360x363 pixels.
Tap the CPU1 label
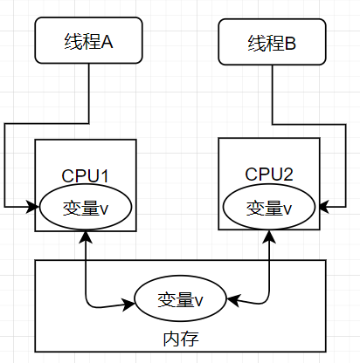tap(85, 175)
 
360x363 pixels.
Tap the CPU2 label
tap(269, 174)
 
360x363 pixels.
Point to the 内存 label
tap(181, 339)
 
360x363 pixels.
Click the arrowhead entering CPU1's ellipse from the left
tap(33, 207)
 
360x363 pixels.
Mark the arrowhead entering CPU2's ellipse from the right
tap(322, 207)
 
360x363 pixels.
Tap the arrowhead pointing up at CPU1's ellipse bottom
tap(86, 236)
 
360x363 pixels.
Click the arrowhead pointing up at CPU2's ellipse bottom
tap(269, 236)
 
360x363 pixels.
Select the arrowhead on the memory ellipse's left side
tap(128, 304)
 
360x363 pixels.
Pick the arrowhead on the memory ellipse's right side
tap(233, 300)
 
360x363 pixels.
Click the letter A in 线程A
tap(107, 41)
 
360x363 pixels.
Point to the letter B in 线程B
tap(290, 43)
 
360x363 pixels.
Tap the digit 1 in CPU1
tap(104, 175)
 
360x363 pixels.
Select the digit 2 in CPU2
tap(287, 174)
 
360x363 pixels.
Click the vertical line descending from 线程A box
tap(89, 93)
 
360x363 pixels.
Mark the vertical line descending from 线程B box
tap(273, 95)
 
